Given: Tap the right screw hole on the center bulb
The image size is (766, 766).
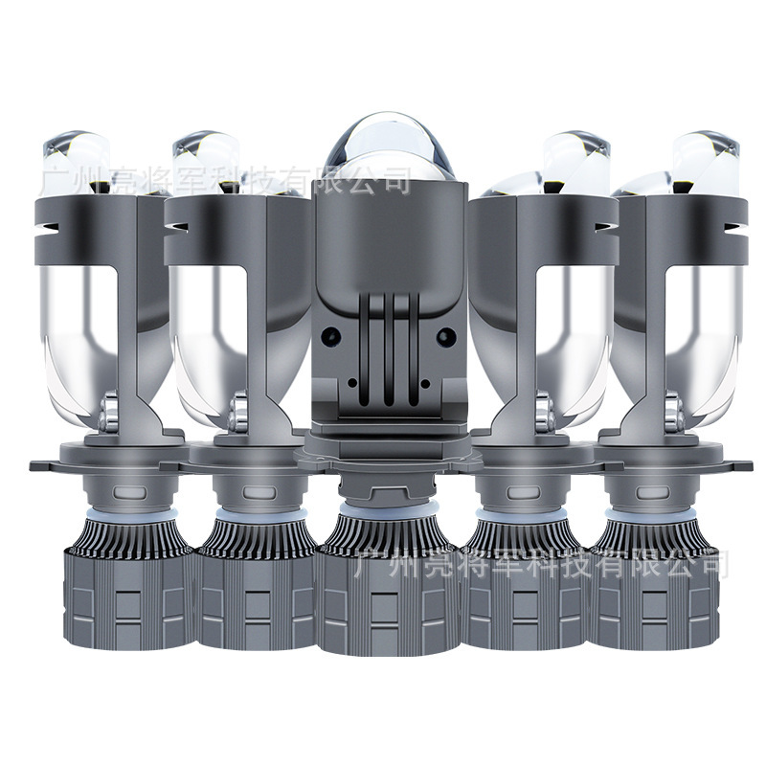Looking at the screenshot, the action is [445, 336].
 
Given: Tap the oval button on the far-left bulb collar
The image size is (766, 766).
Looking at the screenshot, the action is [130, 491].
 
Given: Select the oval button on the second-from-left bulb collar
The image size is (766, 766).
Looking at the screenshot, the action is [259, 491].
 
